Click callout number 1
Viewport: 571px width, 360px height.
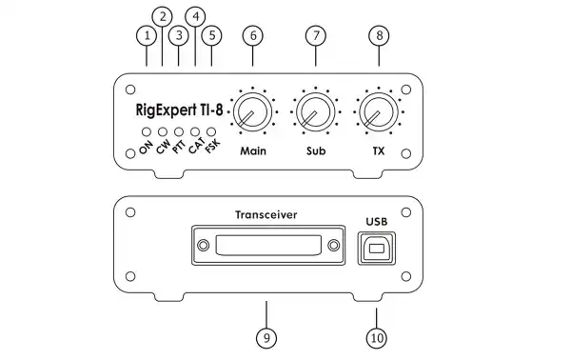tap(147, 35)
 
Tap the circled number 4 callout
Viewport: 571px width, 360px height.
tap(195, 16)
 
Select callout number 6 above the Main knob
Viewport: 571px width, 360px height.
tap(252, 35)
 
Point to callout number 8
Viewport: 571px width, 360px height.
tap(380, 35)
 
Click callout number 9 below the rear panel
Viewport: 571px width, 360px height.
tap(266, 337)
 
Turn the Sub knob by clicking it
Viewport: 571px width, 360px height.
tap(313, 112)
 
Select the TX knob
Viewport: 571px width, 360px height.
tap(378, 112)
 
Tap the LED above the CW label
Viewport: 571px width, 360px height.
tap(163, 131)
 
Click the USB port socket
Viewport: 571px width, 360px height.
tap(377, 250)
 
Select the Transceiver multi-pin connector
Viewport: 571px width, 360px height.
tap(266, 247)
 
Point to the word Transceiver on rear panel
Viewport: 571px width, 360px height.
tap(266, 215)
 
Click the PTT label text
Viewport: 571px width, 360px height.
tap(178, 148)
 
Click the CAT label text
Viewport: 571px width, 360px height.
tap(196, 148)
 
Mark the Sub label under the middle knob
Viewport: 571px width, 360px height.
tap(315, 151)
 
